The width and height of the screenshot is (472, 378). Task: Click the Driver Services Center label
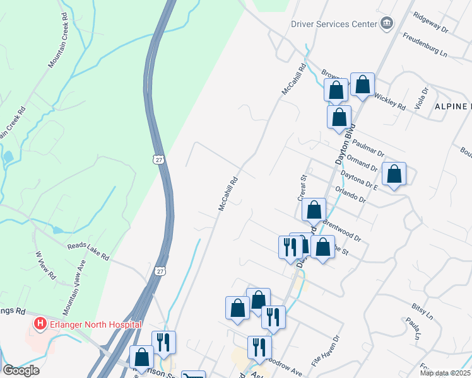333,25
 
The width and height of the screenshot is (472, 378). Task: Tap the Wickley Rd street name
389,101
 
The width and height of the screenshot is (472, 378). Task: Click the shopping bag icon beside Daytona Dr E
394,175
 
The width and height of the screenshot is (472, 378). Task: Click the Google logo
20,370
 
